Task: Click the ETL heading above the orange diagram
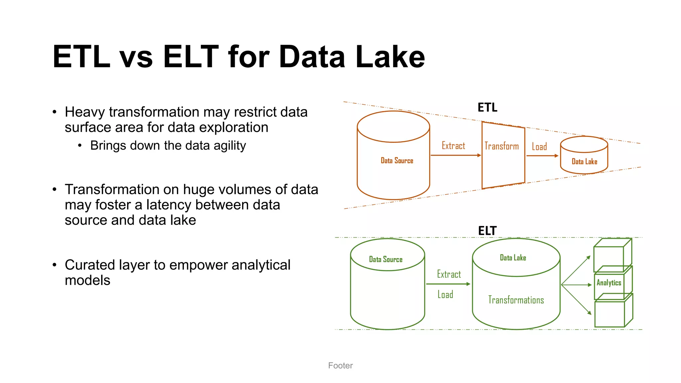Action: [487, 107]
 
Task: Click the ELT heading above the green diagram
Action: [487, 231]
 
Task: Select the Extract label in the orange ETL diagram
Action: [453, 146]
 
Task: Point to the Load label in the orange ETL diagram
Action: [539, 147]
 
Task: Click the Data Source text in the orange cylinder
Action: [397, 161]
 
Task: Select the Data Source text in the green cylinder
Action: [386, 259]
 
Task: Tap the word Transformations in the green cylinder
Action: [516, 300]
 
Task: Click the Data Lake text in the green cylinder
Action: [513, 258]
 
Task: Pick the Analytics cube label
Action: [609, 283]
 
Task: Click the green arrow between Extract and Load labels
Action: [448, 284]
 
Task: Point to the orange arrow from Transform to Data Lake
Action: [542, 156]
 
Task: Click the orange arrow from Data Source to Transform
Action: [455, 155]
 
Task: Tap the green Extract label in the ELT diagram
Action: [449, 274]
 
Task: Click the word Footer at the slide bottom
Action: [340, 365]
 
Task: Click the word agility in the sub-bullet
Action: [229, 146]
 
